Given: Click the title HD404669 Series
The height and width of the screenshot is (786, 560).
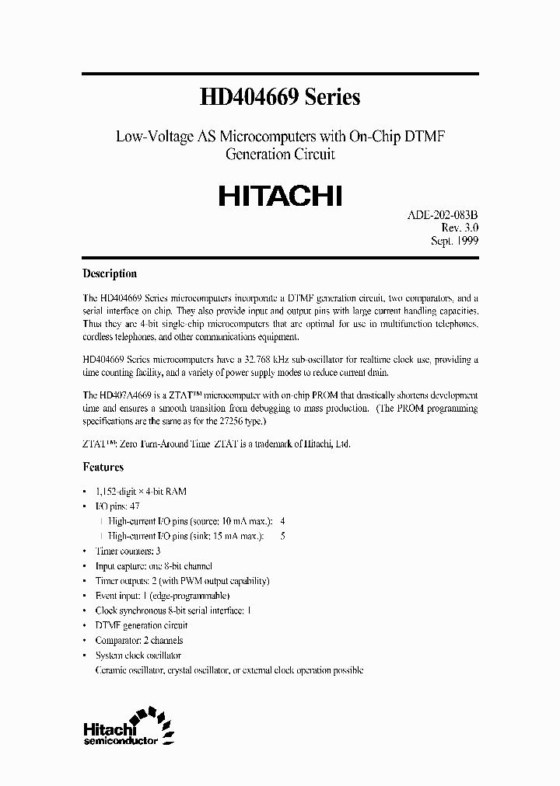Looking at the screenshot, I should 279,97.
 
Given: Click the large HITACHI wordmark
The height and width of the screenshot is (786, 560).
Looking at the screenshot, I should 279,194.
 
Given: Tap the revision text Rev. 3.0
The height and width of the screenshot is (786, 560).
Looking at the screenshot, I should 459,227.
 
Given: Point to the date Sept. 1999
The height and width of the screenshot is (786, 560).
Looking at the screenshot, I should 454,241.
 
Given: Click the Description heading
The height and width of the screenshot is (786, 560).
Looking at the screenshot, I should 110,273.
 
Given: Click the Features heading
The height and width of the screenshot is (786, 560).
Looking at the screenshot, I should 103,468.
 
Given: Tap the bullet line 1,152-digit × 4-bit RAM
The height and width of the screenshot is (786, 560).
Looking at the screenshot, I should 141,492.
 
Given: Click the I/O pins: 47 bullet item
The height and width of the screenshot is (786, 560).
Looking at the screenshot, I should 117,506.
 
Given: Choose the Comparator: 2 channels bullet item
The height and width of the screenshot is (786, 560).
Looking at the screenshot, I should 138,641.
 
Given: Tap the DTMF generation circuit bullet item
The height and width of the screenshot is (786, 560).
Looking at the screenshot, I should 141,625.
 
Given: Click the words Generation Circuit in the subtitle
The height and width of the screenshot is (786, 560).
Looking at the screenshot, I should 279,154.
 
